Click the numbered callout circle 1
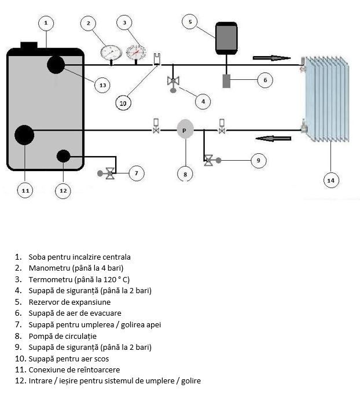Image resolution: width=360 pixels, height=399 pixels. point(46,23)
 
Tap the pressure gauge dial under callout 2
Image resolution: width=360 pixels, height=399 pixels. point(111,53)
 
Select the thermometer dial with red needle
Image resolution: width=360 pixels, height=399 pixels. point(137,53)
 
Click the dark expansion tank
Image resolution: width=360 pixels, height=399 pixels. point(226,38)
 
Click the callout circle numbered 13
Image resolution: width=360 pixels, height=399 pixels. point(102,85)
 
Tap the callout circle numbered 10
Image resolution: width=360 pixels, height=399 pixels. point(123,103)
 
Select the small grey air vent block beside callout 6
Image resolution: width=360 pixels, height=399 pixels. point(226,81)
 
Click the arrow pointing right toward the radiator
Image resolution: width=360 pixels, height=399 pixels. point(271,58)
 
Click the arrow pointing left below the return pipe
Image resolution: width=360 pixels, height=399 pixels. point(273,138)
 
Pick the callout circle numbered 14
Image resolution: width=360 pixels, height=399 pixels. point(331,180)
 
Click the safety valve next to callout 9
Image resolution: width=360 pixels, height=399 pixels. point(212,160)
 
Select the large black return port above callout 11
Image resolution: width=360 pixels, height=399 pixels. point(24,135)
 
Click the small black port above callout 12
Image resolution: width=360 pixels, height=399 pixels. point(63,156)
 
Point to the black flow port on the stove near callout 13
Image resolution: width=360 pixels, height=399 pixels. point(56,65)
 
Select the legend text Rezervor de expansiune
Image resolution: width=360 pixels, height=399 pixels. point(69,302)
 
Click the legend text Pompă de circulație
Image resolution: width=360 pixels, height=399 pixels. point(63,336)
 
